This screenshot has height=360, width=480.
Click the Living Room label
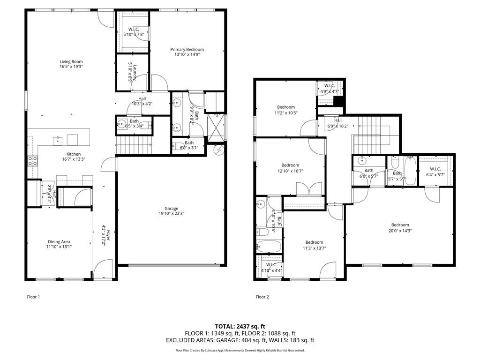tap(71, 61)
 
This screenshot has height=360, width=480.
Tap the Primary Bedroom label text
tap(187, 49)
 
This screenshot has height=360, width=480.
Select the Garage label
tap(171, 209)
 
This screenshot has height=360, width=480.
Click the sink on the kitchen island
tap(58, 139)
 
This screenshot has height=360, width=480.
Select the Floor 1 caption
tap(33, 297)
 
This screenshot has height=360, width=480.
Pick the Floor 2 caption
tap(262, 297)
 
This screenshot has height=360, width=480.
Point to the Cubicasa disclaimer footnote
tap(240, 350)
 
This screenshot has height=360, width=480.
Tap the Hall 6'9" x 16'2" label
tap(337, 123)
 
